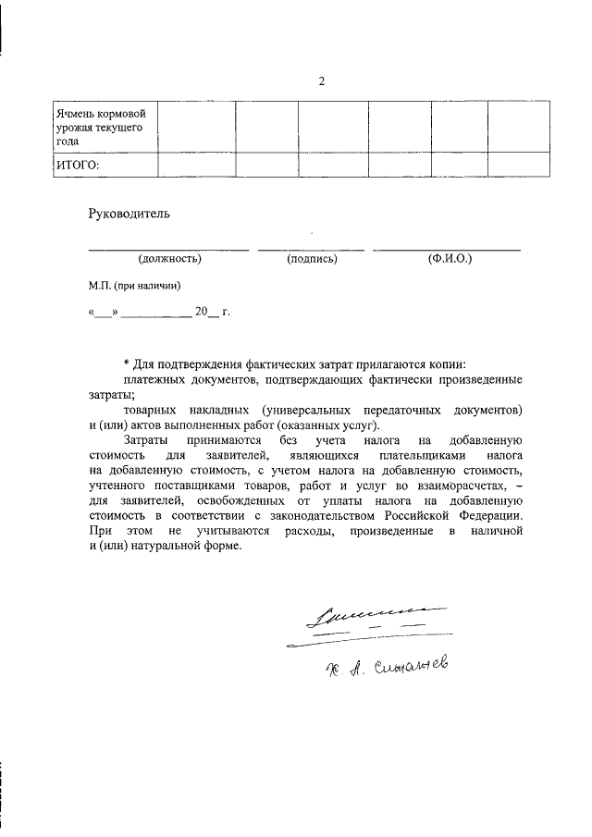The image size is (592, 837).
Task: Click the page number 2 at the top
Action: pos(322,81)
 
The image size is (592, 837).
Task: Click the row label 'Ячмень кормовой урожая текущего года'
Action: pos(98,127)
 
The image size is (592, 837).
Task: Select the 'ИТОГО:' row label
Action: pos(77,165)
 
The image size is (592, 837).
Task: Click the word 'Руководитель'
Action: pos(129,214)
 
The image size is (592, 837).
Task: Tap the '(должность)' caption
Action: pos(169,259)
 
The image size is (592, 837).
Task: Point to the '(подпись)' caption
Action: pos(312,259)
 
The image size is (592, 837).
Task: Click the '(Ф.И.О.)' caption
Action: pos(450,259)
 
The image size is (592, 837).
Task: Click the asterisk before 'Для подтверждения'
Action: pos(126,364)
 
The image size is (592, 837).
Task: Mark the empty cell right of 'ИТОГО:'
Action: pos(195,165)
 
